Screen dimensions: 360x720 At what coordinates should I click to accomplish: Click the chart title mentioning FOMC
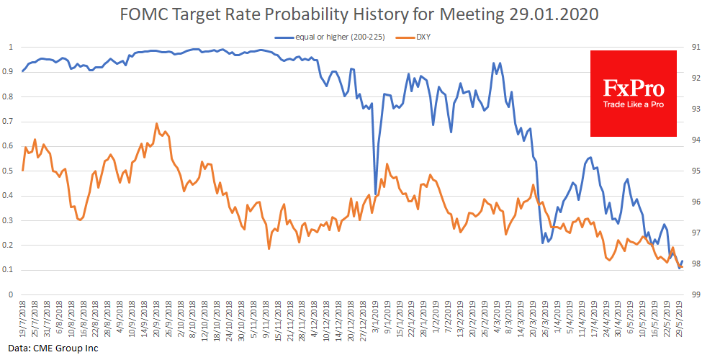pos(359,14)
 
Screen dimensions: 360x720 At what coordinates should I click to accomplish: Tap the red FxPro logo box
pos(633,93)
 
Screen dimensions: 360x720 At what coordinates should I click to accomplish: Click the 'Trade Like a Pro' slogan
pos(633,105)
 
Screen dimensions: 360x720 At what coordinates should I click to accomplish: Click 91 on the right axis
pos(696,47)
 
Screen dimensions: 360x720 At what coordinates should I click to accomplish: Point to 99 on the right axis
pos(696,294)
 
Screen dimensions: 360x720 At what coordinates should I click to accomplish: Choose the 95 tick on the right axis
pos(696,171)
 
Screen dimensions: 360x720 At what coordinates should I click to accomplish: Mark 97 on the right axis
pos(696,233)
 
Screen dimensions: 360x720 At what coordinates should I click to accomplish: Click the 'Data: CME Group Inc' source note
pos(50,348)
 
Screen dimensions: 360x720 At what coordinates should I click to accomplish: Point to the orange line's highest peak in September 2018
pos(156,124)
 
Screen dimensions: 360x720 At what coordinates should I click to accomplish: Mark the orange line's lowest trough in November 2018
pos(269,249)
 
